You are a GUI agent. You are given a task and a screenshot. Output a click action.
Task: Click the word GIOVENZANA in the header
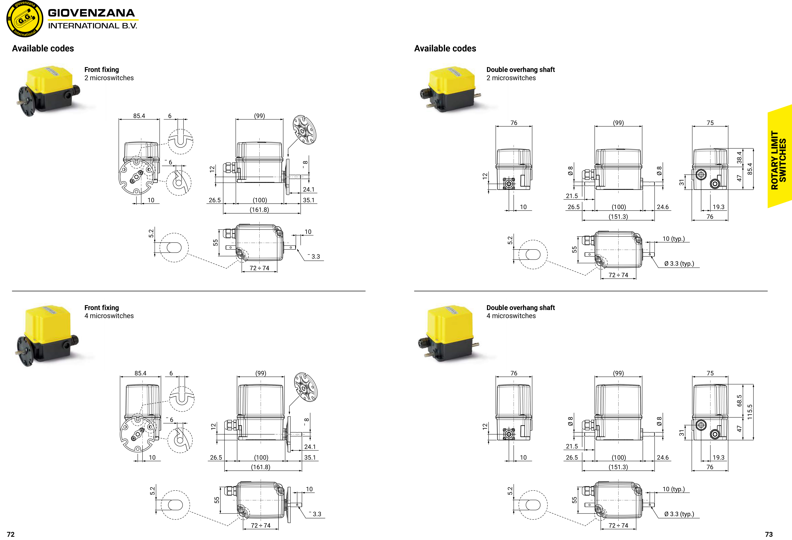coord(91,13)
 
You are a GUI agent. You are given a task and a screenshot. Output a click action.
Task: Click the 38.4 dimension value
coord(739,158)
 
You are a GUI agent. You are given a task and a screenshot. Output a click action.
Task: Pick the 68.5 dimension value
coord(739,401)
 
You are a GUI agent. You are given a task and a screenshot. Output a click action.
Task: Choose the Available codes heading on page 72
coord(43,48)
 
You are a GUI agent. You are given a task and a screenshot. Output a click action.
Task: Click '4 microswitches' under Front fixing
coord(109,316)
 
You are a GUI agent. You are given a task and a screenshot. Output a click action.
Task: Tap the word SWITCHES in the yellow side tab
coord(783,160)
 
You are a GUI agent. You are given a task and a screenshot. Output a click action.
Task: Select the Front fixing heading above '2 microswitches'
coord(101,70)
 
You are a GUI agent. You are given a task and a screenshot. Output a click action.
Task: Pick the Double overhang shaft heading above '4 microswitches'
coord(520,308)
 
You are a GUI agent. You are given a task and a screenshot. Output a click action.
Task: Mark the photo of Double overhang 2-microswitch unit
coord(450,89)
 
